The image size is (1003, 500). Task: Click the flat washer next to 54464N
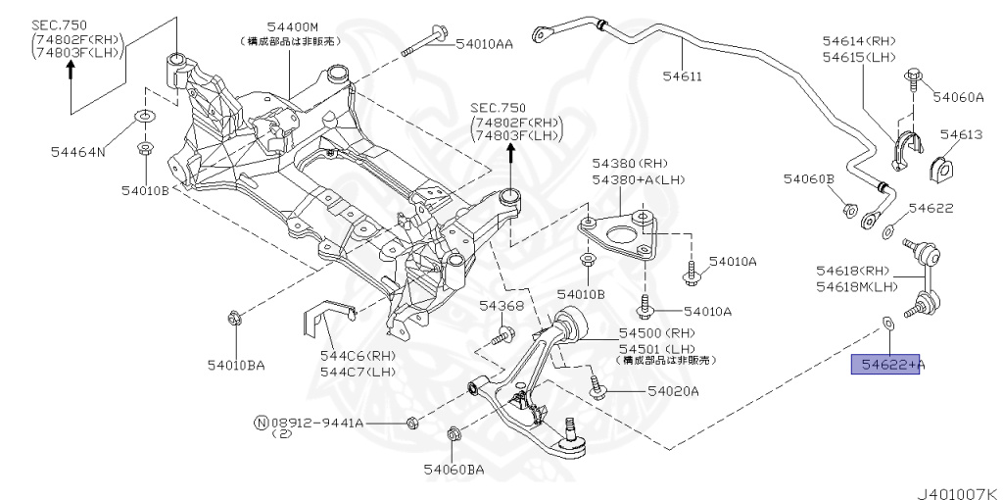[x=144, y=119]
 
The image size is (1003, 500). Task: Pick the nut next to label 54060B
[x=848, y=209]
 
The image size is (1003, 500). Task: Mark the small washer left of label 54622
[x=887, y=231]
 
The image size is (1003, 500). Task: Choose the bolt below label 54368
[x=500, y=336]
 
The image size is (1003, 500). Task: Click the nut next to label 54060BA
[x=454, y=434]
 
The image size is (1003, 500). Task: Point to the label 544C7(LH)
[x=357, y=373]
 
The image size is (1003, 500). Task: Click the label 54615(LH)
[x=859, y=58]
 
